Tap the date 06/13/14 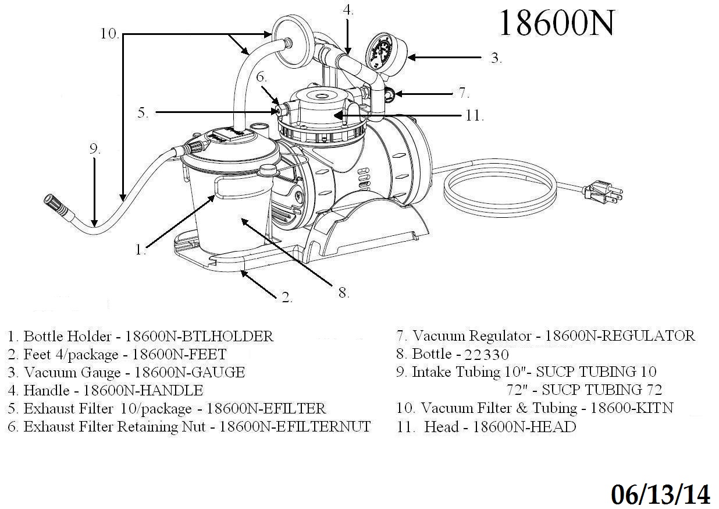point(660,494)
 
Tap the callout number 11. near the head point(474,115)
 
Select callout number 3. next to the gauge point(496,58)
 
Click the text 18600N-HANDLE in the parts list point(143,390)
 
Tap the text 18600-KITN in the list point(631,408)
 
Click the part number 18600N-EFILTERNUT point(294,427)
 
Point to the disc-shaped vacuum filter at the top point(287,42)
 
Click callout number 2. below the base point(286,298)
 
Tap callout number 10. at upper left point(109,34)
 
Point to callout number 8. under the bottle point(344,293)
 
